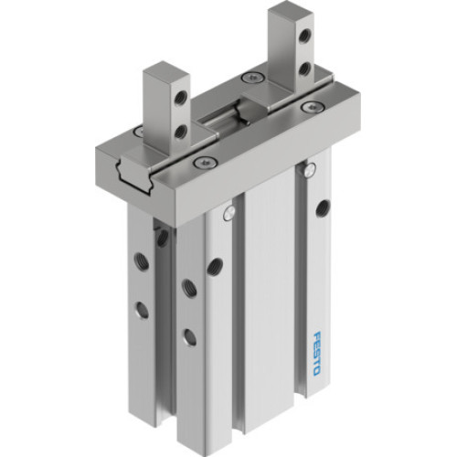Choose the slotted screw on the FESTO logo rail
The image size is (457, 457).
[x=311, y=168]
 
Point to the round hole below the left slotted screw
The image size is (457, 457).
[x=215, y=266]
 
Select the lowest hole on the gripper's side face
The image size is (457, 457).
[x=188, y=335]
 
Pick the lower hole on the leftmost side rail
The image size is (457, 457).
[x=142, y=309]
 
